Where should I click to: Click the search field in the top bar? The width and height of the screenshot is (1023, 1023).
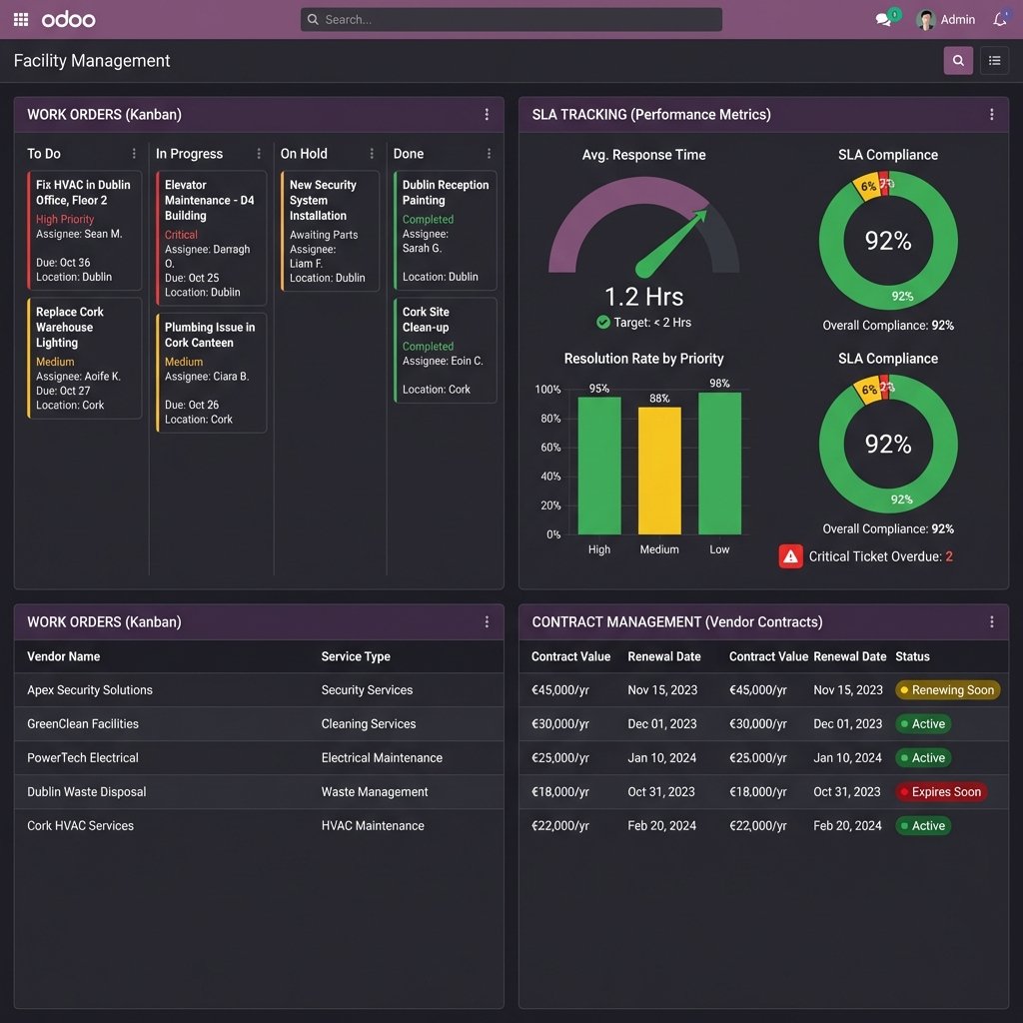pos(511,20)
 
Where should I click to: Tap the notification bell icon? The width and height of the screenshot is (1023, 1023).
pos(1000,20)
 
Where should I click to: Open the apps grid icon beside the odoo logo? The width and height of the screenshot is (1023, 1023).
pos(21,20)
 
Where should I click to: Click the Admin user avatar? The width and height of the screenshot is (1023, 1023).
pos(926,20)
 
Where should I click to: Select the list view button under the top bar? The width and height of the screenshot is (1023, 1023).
pos(994,61)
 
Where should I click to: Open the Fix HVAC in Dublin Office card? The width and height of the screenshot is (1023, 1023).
pos(84,193)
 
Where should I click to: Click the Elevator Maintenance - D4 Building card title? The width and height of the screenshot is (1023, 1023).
pos(210,200)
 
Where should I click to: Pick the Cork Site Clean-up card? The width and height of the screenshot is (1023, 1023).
pos(426,320)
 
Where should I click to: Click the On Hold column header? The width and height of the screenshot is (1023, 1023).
pos(304,154)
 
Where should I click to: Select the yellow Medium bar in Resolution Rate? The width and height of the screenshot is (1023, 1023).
pos(659,471)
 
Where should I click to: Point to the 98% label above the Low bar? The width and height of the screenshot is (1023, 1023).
pos(719,384)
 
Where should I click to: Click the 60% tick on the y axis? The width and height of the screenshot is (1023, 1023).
pos(548,448)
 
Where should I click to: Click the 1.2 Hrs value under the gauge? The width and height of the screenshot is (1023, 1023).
pos(643,297)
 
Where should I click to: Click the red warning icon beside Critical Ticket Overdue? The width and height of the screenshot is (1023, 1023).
pos(790,556)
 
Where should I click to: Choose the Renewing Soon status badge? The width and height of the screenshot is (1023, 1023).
pos(947,690)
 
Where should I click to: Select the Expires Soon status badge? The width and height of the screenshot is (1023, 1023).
pos(940,792)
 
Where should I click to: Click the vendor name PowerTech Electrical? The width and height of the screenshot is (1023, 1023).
pos(83,758)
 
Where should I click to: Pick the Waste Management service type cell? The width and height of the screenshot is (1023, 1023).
pos(375,792)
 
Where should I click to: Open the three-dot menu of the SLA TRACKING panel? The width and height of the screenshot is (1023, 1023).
pos(991,115)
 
